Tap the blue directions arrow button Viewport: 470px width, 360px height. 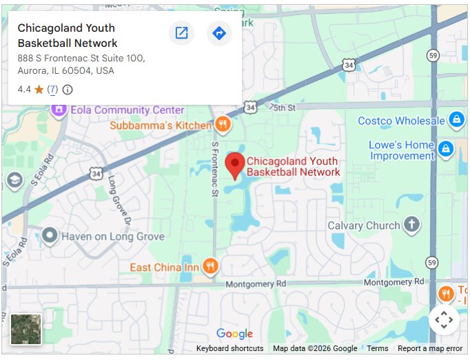point(219,33)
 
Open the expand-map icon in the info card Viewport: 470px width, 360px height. point(181,33)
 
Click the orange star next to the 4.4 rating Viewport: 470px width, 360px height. point(39,89)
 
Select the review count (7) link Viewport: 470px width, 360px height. point(52,89)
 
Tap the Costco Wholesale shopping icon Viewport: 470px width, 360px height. point(456,120)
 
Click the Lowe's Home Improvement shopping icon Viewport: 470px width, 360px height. point(445,148)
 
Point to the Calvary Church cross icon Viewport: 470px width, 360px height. point(411,225)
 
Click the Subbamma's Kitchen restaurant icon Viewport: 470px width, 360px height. point(222,125)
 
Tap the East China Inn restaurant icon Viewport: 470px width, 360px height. point(211,266)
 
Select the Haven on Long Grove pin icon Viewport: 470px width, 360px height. point(49,236)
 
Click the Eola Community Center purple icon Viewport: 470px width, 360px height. point(58,110)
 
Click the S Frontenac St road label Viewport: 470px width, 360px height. point(215,170)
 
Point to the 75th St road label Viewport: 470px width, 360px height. point(283,108)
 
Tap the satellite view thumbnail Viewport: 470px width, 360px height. point(25,329)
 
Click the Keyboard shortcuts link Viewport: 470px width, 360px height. point(229,348)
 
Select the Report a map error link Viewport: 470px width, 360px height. point(429,348)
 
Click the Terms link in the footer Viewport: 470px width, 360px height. point(377,348)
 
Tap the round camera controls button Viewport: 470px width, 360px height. point(444,319)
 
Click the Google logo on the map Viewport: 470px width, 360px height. point(234,334)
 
